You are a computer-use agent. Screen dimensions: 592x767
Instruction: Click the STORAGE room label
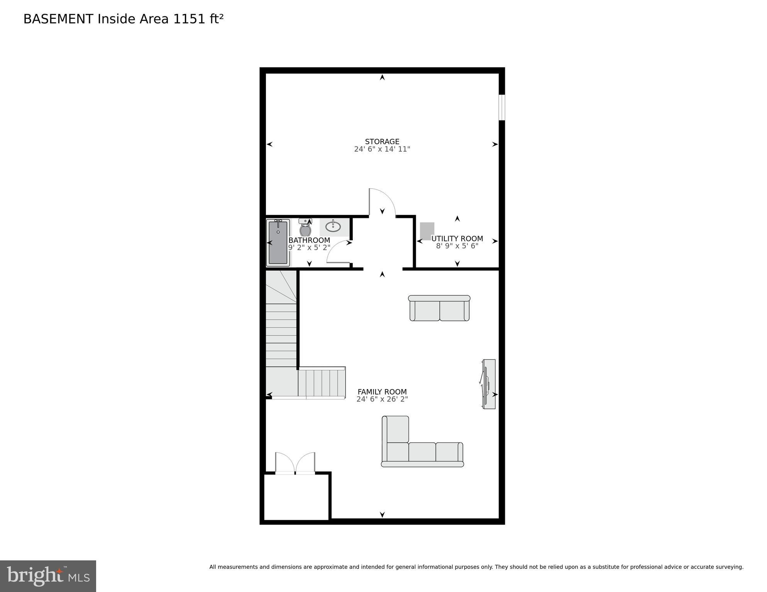point(382,142)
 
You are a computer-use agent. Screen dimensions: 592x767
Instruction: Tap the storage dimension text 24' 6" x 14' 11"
point(382,149)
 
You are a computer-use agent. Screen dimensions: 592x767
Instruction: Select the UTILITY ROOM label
point(457,239)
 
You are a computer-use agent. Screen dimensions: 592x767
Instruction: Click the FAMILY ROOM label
point(382,392)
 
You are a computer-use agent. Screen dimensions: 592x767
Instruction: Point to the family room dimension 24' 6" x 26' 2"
point(382,400)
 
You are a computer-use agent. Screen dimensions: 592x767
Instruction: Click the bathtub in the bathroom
point(278,243)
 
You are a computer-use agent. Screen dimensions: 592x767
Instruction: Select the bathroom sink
point(333,226)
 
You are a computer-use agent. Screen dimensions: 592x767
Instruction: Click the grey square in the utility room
point(427,231)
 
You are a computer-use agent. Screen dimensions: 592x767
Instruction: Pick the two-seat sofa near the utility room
point(439,309)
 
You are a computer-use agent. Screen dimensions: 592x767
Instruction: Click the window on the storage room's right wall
point(501,107)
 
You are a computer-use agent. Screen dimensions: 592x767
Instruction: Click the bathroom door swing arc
point(338,251)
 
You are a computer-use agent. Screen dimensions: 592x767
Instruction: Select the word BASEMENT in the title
point(58,19)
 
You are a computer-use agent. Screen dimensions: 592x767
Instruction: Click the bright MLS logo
point(48,576)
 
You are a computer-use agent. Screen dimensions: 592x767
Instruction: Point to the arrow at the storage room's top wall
point(382,78)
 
